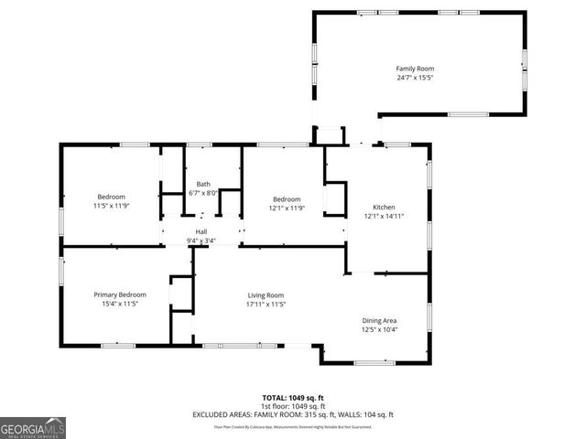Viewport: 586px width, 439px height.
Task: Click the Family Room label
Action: click(x=414, y=69)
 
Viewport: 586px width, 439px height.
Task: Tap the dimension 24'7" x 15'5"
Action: click(x=414, y=79)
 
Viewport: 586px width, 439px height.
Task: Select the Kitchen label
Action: click(x=385, y=207)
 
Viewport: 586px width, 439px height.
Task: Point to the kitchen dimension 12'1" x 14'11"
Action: click(x=385, y=217)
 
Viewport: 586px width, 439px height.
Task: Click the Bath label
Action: click(x=202, y=184)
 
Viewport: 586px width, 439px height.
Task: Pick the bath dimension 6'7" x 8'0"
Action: click(x=202, y=193)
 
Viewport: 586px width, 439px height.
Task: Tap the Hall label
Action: click(x=200, y=232)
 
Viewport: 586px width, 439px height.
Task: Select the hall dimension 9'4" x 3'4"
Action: click(x=200, y=241)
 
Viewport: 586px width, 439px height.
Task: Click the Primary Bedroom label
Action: click(x=120, y=294)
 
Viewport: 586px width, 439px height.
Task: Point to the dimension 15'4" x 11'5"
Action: click(x=120, y=305)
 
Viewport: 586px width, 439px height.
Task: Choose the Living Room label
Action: click(x=266, y=295)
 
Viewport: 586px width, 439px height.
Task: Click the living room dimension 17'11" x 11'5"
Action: click(x=266, y=305)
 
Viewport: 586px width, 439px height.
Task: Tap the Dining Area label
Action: click(x=379, y=320)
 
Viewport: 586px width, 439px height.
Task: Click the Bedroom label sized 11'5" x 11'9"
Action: click(x=111, y=197)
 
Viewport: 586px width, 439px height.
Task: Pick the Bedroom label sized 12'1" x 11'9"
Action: click(x=286, y=199)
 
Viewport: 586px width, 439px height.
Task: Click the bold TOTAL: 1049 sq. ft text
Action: click(x=292, y=398)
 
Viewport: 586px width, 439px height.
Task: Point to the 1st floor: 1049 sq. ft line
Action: click(x=292, y=406)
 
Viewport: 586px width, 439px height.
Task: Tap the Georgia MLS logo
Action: click(x=33, y=427)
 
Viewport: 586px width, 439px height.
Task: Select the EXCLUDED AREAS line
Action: click(x=292, y=414)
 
